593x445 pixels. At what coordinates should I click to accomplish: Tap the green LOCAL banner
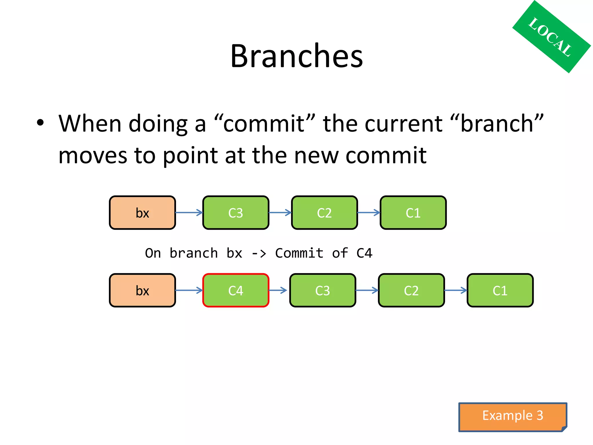pyautogui.click(x=551, y=37)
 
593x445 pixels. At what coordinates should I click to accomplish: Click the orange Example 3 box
pyautogui.click(x=513, y=416)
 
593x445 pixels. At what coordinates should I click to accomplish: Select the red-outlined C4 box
pyautogui.click(x=236, y=290)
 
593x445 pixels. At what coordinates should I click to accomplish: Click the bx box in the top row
pyautogui.click(x=142, y=213)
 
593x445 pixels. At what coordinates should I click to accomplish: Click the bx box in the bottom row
pyautogui.click(x=142, y=290)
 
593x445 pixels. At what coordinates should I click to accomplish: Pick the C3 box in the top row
pyautogui.click(x=236, y=213)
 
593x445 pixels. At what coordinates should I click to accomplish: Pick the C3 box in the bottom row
pyautogui.click(x=323, y=290)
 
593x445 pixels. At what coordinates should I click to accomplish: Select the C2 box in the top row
pyautogui.click(x=324, y=213)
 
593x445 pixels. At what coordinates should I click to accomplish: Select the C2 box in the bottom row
pyautogui.click(x=411, y=290)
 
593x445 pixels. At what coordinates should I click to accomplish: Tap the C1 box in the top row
pyautogui.click(x=413, y=213)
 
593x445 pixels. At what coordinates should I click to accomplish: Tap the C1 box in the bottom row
pyautogui.click(x=500, y=290)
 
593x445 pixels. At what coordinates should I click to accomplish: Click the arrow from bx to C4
pyautogui.click(x=189, y=290)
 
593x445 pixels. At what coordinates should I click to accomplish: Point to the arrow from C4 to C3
pyautogui.click(x=278, y=290)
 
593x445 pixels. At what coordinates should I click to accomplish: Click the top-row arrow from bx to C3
pyautogui.click(x=189, y=213)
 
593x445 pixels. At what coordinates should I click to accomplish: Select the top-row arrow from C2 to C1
pyautogui.click(x=369, y=213)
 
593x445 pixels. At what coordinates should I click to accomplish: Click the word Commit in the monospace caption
pyautogui.click(x=299, y=253)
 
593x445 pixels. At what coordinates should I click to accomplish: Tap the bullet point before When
pyautogui.click(x=40, y=123)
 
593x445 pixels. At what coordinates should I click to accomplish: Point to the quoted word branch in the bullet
pyautogui.click(x=497, y=123)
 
